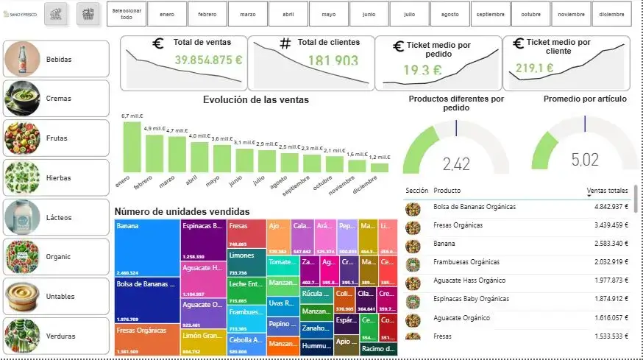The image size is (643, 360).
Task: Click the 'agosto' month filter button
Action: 450,14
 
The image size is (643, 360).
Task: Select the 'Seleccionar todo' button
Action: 127,14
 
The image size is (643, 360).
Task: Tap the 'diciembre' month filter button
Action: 611,14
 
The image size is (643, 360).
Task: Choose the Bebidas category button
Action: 56,58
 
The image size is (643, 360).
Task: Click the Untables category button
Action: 56,296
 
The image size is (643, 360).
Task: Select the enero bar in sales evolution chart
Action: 132,147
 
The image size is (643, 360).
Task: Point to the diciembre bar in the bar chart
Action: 379,167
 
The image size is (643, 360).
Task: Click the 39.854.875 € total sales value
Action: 208,60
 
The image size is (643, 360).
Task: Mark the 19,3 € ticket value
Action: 422,71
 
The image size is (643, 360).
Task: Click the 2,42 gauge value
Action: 456,163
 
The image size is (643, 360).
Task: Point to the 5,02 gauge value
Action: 585,160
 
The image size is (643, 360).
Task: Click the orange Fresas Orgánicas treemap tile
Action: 147,340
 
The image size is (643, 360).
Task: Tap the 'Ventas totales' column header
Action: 607,191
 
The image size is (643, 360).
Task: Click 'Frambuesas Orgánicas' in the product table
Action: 466,262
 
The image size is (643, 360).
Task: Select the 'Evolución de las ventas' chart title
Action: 256,100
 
